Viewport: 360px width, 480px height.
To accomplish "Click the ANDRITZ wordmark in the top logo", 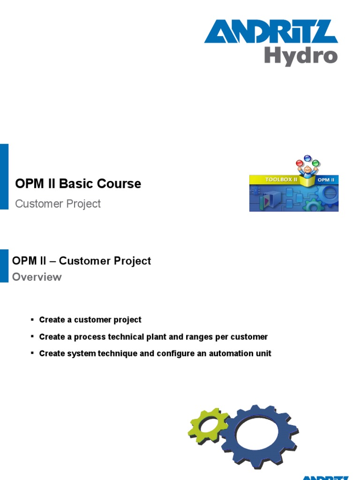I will point(271,32).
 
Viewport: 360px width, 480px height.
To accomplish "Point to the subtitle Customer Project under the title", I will point(58,204).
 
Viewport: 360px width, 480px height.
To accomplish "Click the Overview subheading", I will point(37,277).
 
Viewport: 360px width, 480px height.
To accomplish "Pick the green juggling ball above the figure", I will point(316,163).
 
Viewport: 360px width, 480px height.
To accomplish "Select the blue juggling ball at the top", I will point(307,158).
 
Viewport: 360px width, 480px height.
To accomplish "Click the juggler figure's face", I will point(307,169).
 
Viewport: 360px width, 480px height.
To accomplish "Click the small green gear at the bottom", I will point(207,425).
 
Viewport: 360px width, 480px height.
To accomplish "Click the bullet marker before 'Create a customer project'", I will point(32,320).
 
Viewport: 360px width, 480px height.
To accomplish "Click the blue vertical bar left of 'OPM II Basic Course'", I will point(4,176).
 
